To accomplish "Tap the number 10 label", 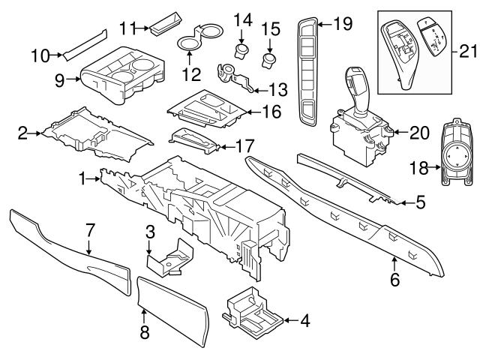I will (x=40, y=54).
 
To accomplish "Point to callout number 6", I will (x=395, y=281).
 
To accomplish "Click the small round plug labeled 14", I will (x=241, y=50).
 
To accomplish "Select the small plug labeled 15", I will (x=269, y=58).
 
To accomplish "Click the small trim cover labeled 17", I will (x=193, y=140).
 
